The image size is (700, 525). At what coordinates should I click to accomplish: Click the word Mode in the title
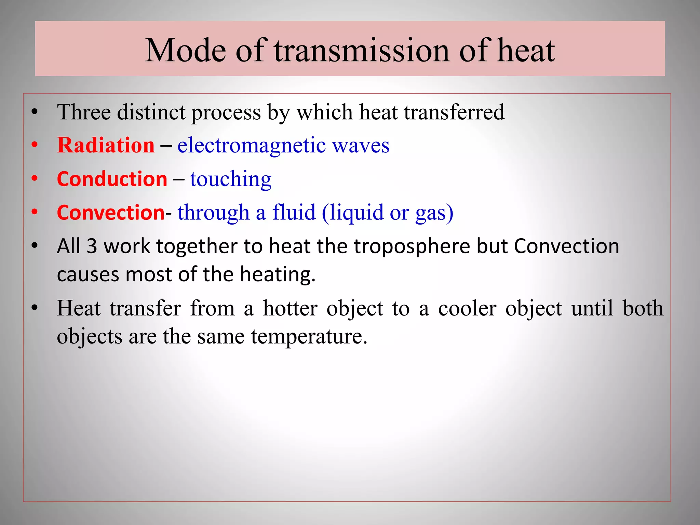click(186, 51)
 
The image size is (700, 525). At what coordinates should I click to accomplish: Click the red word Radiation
click(106, 145)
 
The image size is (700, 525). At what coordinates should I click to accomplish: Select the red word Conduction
click(112, 179)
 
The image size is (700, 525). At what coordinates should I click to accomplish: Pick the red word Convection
click(111, 213)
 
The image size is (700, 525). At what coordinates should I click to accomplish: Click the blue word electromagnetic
click(252, 145)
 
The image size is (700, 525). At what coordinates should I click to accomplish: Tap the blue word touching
click(231, 179)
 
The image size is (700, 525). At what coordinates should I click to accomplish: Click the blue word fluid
click(294, 213)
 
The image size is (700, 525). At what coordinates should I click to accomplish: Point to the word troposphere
click(412, 247)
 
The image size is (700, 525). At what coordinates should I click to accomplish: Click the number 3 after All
click(92, 246)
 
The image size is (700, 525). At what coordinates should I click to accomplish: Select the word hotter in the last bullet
click(290, 308)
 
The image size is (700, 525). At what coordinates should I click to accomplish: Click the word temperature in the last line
click(309, 337)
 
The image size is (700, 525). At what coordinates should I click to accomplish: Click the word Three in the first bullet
click(84, 112)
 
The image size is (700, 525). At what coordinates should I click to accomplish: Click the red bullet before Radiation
click(34, 145)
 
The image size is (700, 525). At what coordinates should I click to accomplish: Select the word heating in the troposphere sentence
click(278, 275)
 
